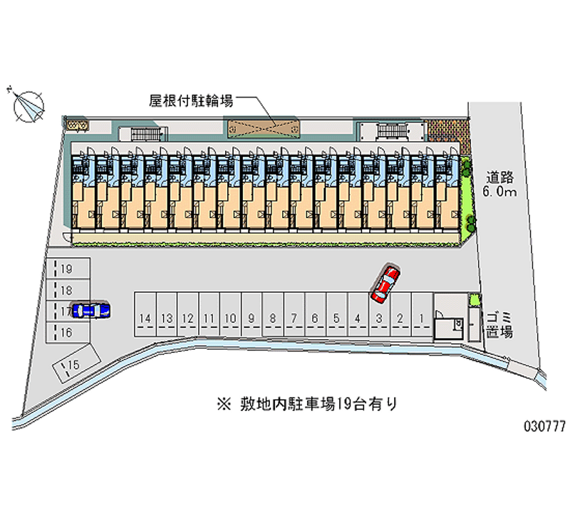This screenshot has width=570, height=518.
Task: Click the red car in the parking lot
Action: (385, 282)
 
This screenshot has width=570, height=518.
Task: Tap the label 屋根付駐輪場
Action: (190, 101)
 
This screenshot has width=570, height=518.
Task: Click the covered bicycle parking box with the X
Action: (264, 128)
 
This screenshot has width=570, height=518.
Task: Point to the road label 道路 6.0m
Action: (500, 184)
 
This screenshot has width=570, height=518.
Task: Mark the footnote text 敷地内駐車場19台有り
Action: (309, 404)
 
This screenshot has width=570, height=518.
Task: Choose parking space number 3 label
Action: (380, 318)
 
